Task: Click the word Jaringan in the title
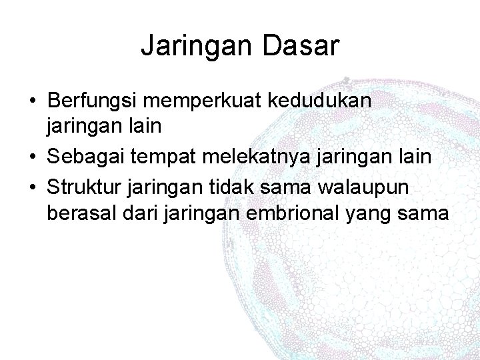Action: tap(193, 47)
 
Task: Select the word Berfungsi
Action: tap(93, 101)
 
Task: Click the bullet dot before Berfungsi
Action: tap(33, 102)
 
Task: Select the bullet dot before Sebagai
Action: tap(33, 157)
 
